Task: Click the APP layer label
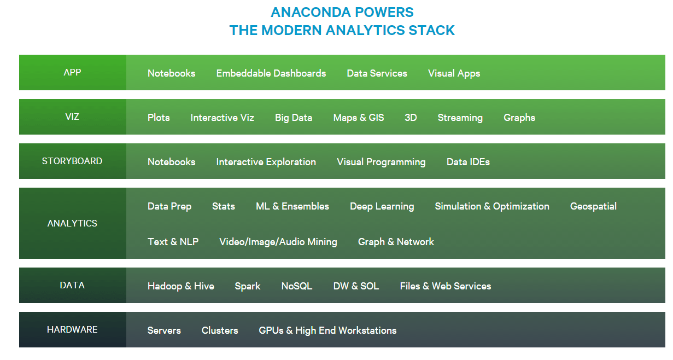(72, 72)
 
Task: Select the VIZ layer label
(72, 117)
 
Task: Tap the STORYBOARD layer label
(72, 161)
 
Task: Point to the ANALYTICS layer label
(72, 223)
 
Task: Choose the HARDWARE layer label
(72, 329)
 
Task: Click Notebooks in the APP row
(171, 73)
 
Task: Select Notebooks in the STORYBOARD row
(171, 162)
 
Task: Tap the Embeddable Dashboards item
(271, 73)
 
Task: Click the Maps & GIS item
(358, 118)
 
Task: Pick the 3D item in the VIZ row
(411, 118)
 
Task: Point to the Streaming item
(460, 118)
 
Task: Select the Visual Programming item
(381, 162)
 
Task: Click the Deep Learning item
(382, 206)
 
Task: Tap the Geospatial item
(593, 206)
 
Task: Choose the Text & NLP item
(173, 242)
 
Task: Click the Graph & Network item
(396, 242)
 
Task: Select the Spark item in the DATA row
(248, 286)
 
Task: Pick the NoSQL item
(296, 286)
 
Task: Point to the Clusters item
(220, 330)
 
